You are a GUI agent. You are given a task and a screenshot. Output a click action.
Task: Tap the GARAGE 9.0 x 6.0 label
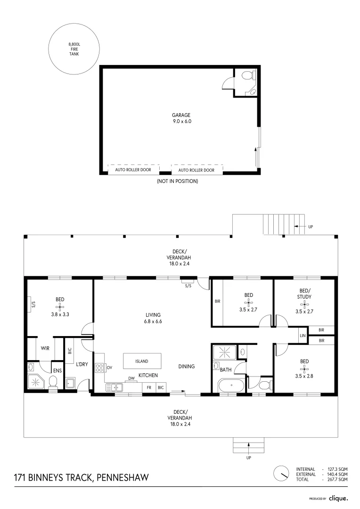click(181, 118)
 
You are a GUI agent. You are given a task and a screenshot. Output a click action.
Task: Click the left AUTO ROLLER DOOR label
click(133, 170)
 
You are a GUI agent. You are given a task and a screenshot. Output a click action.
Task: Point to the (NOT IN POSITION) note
click(177, 181)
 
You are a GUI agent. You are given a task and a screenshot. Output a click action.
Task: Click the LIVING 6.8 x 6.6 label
click(153, 318)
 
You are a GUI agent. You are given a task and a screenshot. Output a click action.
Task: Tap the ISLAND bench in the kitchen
click(141, 361)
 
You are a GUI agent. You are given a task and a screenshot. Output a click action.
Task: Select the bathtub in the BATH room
click(231, 385)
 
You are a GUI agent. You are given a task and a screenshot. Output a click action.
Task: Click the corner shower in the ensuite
click(35, 382)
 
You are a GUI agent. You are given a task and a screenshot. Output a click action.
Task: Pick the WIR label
click(46, 348)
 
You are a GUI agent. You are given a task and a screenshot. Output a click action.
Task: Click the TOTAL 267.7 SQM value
click(339, 479)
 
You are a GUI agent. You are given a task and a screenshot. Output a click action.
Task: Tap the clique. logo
click(338, 498)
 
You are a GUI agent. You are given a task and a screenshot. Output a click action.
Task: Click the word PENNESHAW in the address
click(123, 478)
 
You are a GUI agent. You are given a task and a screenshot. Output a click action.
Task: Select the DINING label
click(186, 366)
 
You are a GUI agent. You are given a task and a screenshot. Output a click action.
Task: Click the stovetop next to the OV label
click(99, 367)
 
